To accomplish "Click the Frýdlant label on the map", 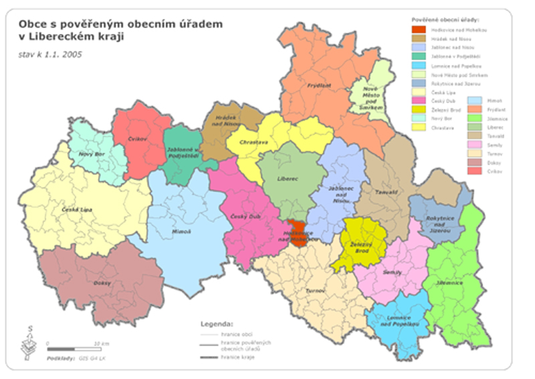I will [320, 86].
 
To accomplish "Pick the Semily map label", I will [392, 273].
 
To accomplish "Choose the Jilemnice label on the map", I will [449, 283].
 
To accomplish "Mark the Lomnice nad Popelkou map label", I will [399, 321].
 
